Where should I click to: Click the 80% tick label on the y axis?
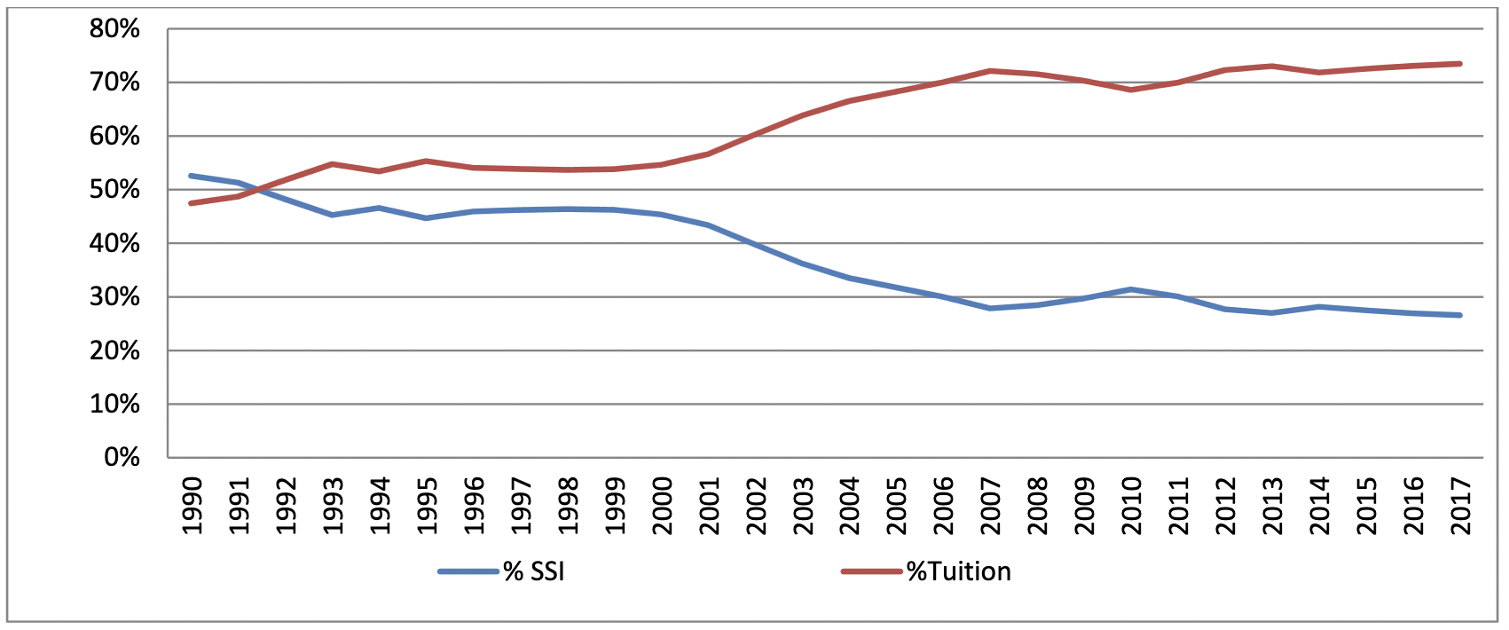(x=114, y=29)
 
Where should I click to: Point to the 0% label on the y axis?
(x=122, y=458)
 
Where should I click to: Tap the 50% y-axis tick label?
(x=114, y=190)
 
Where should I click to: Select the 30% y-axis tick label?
(x=114, y=297)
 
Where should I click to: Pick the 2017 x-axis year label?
(x=1460, y=506)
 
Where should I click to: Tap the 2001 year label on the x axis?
(x=710, y=506)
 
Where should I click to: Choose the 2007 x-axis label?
(x=991, y=506)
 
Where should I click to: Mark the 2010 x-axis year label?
(x=1132, y=506)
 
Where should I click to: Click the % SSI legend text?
(x=533, y=571)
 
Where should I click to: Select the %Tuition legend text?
(x=958, y=571)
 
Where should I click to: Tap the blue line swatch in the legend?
(x=468, y=571)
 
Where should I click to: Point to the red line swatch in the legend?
(x=871, y=571)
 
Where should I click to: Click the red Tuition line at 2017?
(x=1459, y=64)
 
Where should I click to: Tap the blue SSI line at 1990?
(x=192, y=176)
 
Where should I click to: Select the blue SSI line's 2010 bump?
(x=1131, y=289)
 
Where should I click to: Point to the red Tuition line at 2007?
(x=990, y=71)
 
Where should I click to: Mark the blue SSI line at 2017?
(x=1459, y=315)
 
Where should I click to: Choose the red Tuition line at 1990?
(x=192, y=203)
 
